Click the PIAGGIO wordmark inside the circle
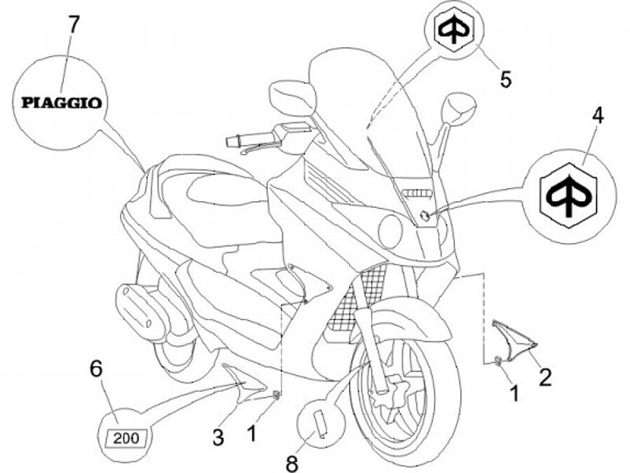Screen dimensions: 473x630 (x=61, y=101)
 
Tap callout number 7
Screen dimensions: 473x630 (x=73, y=23)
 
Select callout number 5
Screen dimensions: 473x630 (x=506, y=79)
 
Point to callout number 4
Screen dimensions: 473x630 (x=598, y=114)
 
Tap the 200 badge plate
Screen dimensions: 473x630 (x=126, y=434)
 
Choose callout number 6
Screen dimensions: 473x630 (x=97, y=369)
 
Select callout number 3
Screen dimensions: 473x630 (x=220, y=435)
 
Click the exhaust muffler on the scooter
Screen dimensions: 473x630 (x=143, y=310)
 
